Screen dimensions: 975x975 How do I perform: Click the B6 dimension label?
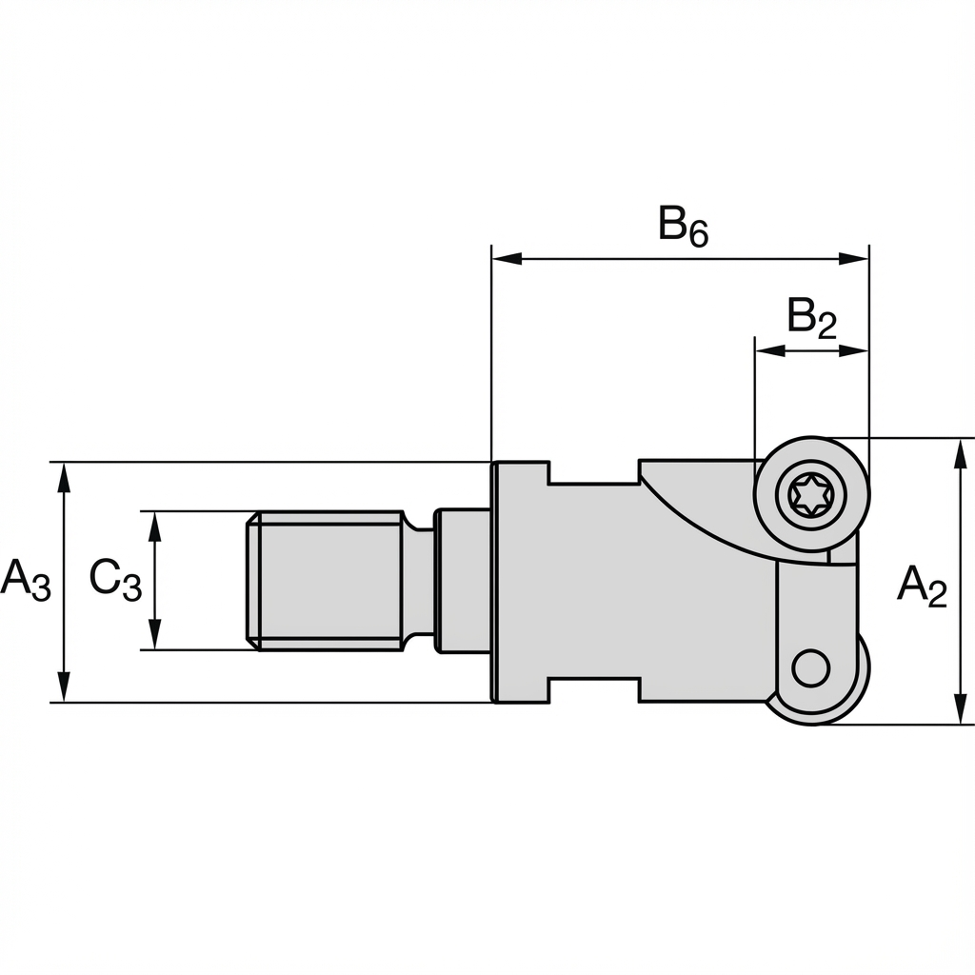683,227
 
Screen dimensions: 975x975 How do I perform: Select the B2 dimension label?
811,318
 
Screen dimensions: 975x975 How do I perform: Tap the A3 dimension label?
25,580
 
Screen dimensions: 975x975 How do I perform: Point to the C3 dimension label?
115,580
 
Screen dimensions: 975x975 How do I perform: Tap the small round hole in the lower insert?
810,667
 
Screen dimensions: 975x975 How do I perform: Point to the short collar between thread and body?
463,581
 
